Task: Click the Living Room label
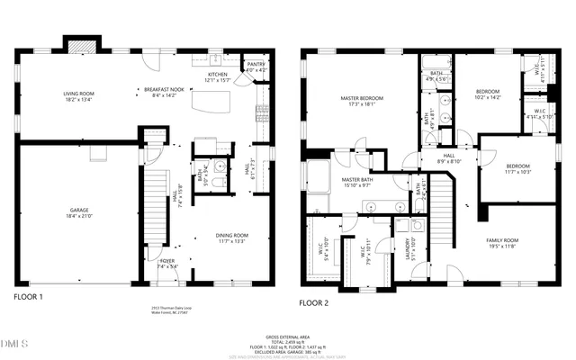tap(77, 93)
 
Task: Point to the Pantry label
tap(256, 66)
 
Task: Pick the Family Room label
tap(502, 242)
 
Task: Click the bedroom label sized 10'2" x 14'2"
tap(487, 94)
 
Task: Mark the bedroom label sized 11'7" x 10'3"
tap(517, 168)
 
